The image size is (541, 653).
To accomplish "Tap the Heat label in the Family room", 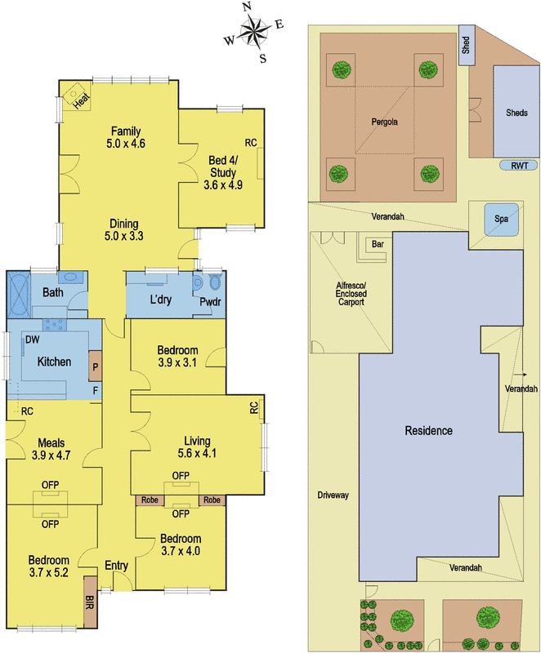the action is pyautogui.click(x=81, y=100).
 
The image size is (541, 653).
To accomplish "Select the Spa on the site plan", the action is pyautogui.click(x=501, y=219).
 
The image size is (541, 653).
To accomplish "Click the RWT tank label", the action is pyautogui.click(x=519, y=166).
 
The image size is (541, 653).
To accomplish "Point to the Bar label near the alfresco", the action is pyautogui.click(x=378, y=244).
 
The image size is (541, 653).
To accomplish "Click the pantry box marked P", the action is pyautogui.click(x=95, y=366).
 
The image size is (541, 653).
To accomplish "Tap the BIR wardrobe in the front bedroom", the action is pyautogui.click(x=90, y=602).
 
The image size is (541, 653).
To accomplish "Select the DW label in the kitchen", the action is pyautogui.click(x=32, y=340).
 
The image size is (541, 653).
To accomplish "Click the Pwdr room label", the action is pyautogui.click(x=210, y=301).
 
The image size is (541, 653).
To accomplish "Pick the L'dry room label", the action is pyautogui.click(x=161, y=299).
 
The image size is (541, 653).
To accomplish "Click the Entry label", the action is pyautogui.click(x=116, y=566).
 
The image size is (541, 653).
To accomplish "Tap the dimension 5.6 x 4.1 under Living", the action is pyautogui.click(x=197, y=453).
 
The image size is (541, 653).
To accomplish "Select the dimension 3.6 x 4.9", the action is pyautogui.click(x=223, y=185).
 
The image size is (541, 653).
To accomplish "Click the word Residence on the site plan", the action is pyautogui.click(x=428, y=431).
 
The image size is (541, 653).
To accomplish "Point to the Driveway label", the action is pyautogui.click(x=333, y=495).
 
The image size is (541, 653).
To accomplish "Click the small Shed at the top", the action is pyautogui.click(x=467, y=45).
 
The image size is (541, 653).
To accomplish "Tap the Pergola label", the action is pyautogui.click(x=384, y=122).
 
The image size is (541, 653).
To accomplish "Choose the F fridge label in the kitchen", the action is pyautogui.click(x=96, y=391).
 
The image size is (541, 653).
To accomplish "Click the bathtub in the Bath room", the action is pyautogui.click(x=19, y=294).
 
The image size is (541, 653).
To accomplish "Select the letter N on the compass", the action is pyautogui.click(x=247, y=7).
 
